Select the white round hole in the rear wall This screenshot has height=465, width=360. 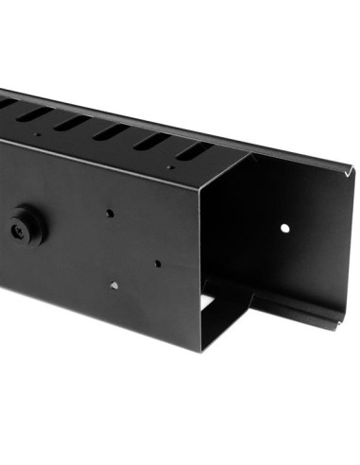pos(283,229)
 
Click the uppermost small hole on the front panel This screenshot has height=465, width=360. pos(111,214)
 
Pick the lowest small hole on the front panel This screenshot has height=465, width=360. pos(112,284)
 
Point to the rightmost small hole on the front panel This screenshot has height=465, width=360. pos(156,264)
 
